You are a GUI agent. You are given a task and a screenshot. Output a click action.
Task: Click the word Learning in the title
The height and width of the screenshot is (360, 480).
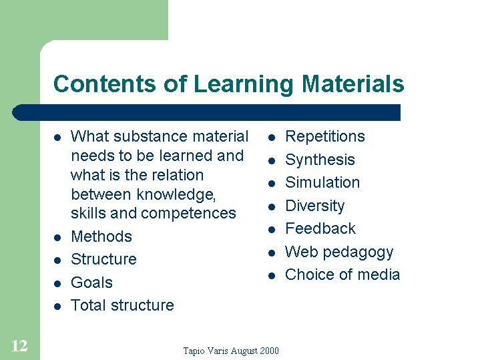(244, 84)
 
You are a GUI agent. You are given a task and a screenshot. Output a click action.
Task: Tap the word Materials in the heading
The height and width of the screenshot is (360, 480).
(353, 83)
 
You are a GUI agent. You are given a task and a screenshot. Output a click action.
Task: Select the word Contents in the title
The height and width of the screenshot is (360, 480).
(105, 83)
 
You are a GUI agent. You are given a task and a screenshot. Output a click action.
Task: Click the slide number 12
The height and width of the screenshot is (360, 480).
(19, 346)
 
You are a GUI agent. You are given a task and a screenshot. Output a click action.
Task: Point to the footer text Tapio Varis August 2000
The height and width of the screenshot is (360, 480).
(231, 351)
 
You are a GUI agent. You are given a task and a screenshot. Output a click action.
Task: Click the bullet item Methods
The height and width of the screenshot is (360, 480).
(101, 236)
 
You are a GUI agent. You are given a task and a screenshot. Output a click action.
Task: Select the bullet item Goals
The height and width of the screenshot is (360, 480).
(91, 283)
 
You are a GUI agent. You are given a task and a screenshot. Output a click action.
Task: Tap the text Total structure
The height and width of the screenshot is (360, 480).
(122, 305)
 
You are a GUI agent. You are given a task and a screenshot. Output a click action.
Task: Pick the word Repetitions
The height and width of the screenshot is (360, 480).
(325, 136)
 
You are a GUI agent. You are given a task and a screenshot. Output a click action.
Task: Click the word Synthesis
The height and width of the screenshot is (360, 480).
(320, 160)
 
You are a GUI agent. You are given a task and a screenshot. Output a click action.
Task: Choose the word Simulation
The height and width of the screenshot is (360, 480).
(322, 182)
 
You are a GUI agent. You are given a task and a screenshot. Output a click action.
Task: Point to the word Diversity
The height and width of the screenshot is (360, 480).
(314, 206)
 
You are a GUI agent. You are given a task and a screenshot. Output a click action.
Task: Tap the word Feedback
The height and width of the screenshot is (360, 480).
(320, 228)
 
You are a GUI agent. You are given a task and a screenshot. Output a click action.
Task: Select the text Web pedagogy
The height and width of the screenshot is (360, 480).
(339, 252)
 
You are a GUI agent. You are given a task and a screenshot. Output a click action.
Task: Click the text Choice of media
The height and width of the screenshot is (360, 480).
(342, 275)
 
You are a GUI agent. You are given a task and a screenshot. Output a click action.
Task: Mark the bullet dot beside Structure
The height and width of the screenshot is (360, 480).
(57, 260)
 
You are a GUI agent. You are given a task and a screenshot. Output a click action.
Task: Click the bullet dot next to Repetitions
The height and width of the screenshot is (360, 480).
(272, 138)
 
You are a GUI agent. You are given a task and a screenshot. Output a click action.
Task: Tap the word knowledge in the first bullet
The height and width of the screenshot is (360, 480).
(176, 194)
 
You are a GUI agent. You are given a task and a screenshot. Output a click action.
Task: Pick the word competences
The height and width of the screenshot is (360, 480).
(188, 214)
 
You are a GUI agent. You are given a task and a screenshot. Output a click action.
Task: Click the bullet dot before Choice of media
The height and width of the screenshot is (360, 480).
(272, 276)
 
